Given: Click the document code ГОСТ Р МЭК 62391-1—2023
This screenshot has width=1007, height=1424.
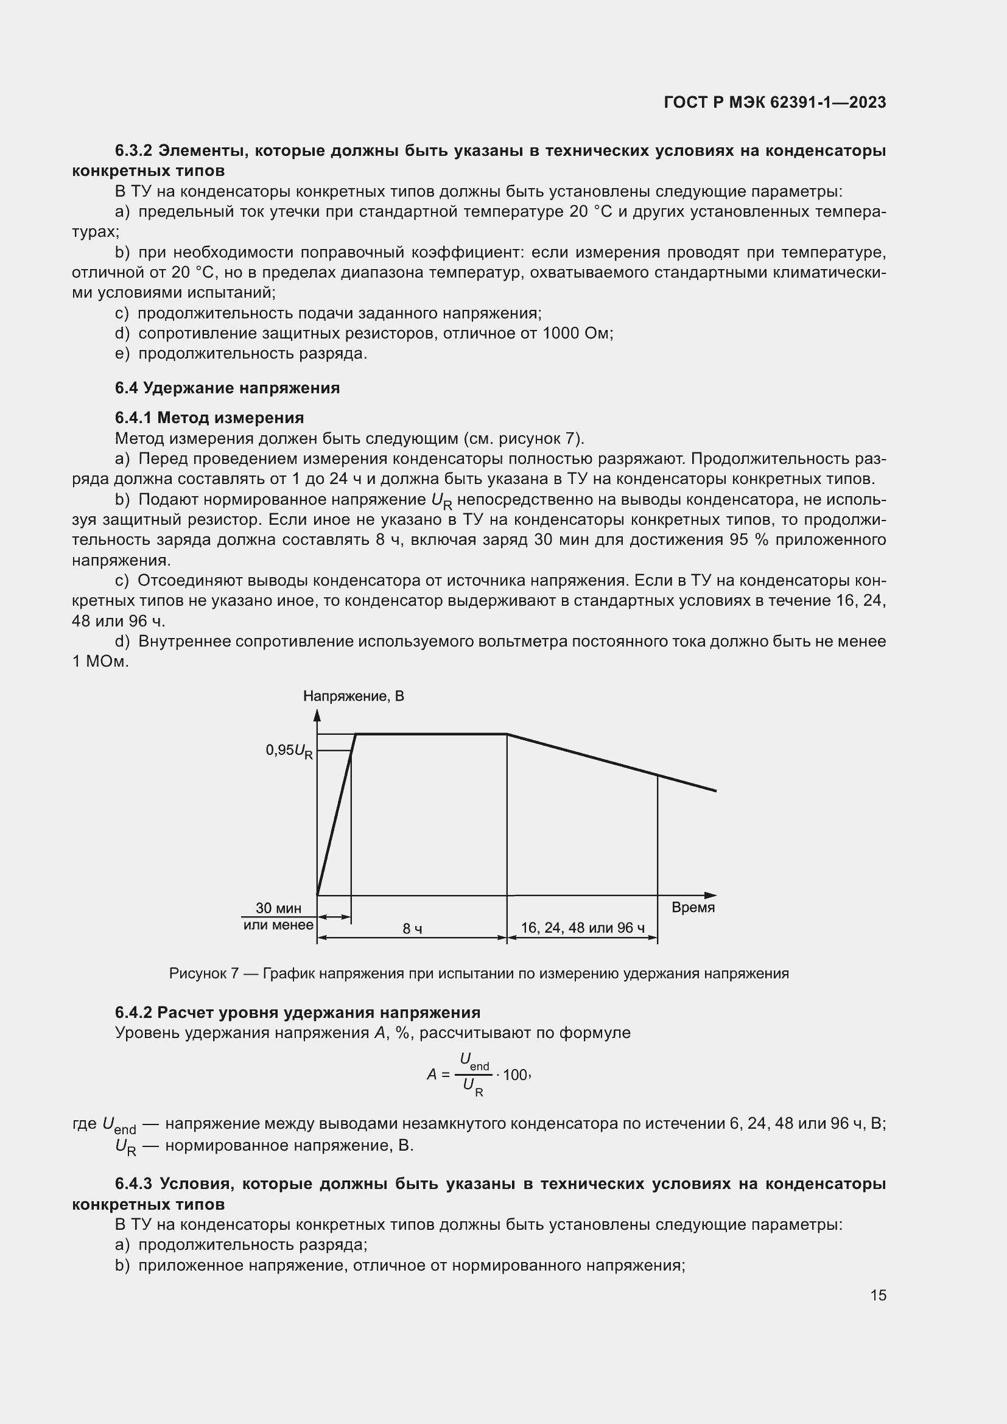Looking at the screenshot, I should click(x=774, y=102).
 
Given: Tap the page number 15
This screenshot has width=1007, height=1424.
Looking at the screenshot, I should click(x=878, y=1295).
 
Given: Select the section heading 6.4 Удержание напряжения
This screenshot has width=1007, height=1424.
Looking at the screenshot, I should click(x=227, y=388).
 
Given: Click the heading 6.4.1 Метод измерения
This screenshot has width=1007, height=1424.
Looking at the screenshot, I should click(x=209, y=418).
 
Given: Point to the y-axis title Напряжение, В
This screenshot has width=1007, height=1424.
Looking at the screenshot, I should click(x=354, y=696).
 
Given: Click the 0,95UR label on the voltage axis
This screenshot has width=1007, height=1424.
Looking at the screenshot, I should click(x=289, y=751).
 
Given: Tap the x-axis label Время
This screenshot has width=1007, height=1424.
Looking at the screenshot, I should click(x=693, y=907).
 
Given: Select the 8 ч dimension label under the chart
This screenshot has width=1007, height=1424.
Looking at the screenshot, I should click(x=412, y=928).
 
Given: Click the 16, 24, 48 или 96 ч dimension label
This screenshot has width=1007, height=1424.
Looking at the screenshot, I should click(x=582, y=928).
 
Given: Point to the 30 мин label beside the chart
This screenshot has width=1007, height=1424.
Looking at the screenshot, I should click(x=278, y=908).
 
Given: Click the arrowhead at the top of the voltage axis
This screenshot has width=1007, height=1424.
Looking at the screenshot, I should click(x=317, y=716).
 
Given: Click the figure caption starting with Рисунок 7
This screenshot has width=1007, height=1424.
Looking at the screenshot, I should click(x=479, y=973).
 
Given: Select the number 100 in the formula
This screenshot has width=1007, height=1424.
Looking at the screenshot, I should click(x=514, y=1075).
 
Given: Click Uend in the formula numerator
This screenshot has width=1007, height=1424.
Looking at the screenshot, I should click(x=474, y=1061).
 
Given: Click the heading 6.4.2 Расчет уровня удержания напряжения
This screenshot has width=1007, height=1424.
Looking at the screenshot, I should click(x=298, y=1013).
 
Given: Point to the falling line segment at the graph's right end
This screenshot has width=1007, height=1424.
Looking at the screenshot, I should click(x=689, y=784).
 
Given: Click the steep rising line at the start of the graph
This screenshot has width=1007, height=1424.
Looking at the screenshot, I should click(x=335, y=819).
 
